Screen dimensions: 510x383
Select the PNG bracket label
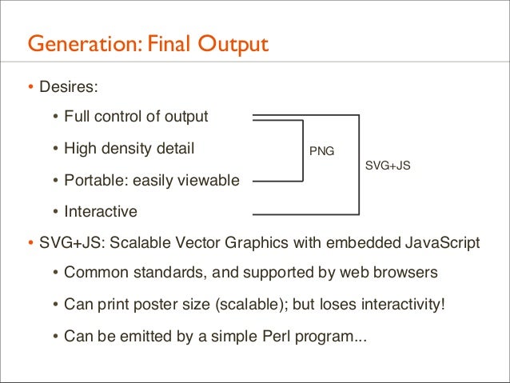click(322, 150)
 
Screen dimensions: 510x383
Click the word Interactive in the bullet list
click(101, 212)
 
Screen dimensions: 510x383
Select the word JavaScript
click(442, 243)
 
